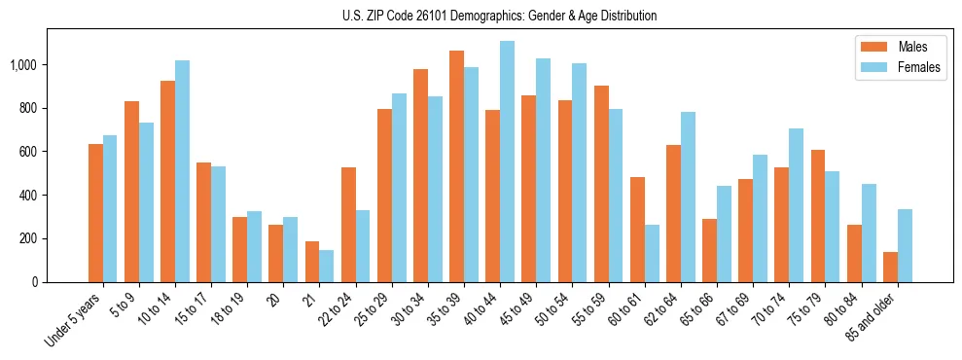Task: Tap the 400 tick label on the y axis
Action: click(29, 195)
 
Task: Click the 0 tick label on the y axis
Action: click(35, 282)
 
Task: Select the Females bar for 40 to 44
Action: click(507, 162)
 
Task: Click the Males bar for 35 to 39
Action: click(456, 166)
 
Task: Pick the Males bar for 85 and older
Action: click(890, 267)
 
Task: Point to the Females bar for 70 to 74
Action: click(797, 205)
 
